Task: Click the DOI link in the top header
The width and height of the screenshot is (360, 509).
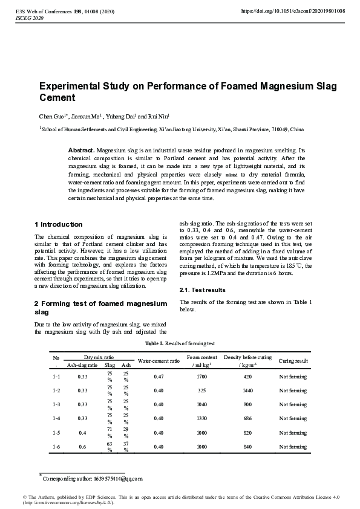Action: coord(293,11)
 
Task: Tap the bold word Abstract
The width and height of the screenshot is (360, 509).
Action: coord(81,149)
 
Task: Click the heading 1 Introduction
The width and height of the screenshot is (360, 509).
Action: coord(59,224)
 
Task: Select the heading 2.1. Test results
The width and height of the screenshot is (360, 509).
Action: coord(203,290)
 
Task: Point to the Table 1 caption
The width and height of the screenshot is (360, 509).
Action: coord(180,343)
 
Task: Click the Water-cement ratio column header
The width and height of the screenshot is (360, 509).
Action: coord(159,361)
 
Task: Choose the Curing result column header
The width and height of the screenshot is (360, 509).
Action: coord(293,361)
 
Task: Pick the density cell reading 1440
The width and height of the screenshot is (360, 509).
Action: coord(247,391)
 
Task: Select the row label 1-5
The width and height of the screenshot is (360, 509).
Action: coord(57,432)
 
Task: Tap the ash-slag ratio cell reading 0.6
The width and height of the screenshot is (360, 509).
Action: coord(82,446)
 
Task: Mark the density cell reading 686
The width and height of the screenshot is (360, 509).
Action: coord(247,418)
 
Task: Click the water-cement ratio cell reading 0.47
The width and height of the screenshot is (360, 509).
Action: coord(159,377)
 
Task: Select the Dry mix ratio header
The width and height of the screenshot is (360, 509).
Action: coord(99,357)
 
